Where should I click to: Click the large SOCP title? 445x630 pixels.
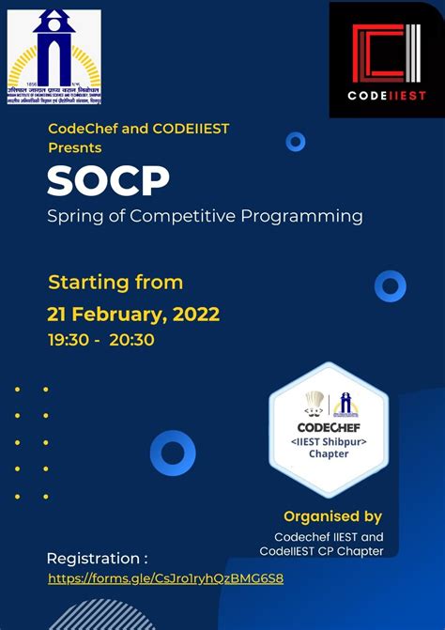[108, 181]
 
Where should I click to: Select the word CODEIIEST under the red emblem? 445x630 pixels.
[387, 95]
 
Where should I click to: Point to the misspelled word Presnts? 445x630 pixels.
[74, 147]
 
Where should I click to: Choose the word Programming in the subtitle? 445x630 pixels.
[307, 217]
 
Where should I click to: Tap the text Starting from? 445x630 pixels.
[115, 282]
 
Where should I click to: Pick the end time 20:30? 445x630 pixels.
[131, 340]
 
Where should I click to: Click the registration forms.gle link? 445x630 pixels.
[165, 578]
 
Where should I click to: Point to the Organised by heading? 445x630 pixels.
[332, 515]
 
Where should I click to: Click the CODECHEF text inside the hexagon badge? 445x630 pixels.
[328, 425]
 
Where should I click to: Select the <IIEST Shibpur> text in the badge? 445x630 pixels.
[328, 440]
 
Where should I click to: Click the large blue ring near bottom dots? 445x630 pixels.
[173, 453]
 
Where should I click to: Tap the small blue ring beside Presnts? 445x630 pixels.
[296, 142]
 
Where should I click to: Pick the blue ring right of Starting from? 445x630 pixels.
[390, 285]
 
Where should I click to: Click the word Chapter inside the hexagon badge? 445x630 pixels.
[328, 454]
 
